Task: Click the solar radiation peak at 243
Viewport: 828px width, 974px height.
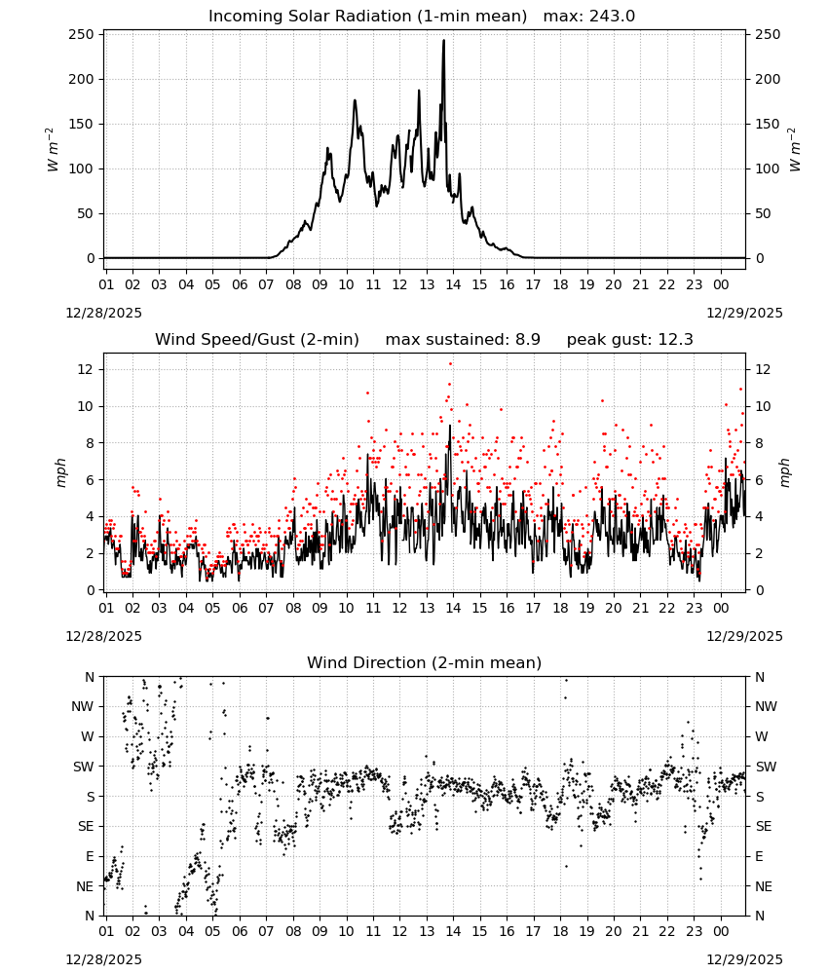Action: point(443,41)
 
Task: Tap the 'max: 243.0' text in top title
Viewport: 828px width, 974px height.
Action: point(589,17)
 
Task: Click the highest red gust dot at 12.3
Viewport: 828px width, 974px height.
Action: point(450,364)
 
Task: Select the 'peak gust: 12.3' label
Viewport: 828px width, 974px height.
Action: point(629,340)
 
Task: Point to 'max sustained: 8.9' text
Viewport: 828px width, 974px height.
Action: point(463,340)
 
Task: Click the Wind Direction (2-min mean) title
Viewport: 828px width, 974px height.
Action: point(425,662)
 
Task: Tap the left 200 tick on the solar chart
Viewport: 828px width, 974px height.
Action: point(82,79)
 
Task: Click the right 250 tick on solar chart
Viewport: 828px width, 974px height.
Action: point(768,34)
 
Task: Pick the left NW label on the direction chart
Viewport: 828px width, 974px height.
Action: point(83,706)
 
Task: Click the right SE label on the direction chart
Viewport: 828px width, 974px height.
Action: point(764,826)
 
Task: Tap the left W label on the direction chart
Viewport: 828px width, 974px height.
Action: point(88,736)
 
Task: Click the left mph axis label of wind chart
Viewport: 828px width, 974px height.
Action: point(60,472)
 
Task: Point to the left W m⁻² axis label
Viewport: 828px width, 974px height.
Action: point(53,150)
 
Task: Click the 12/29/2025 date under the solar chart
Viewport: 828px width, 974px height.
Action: point(745,313)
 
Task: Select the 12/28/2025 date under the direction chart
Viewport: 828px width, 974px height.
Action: point(103,959)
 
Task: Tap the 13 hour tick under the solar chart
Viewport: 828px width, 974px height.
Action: point(427,284)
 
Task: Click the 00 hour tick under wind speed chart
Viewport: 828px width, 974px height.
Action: point(721,608)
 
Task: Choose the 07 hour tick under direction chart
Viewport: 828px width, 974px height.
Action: point(266,931)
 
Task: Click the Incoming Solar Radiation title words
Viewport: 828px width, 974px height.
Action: point(310,17)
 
